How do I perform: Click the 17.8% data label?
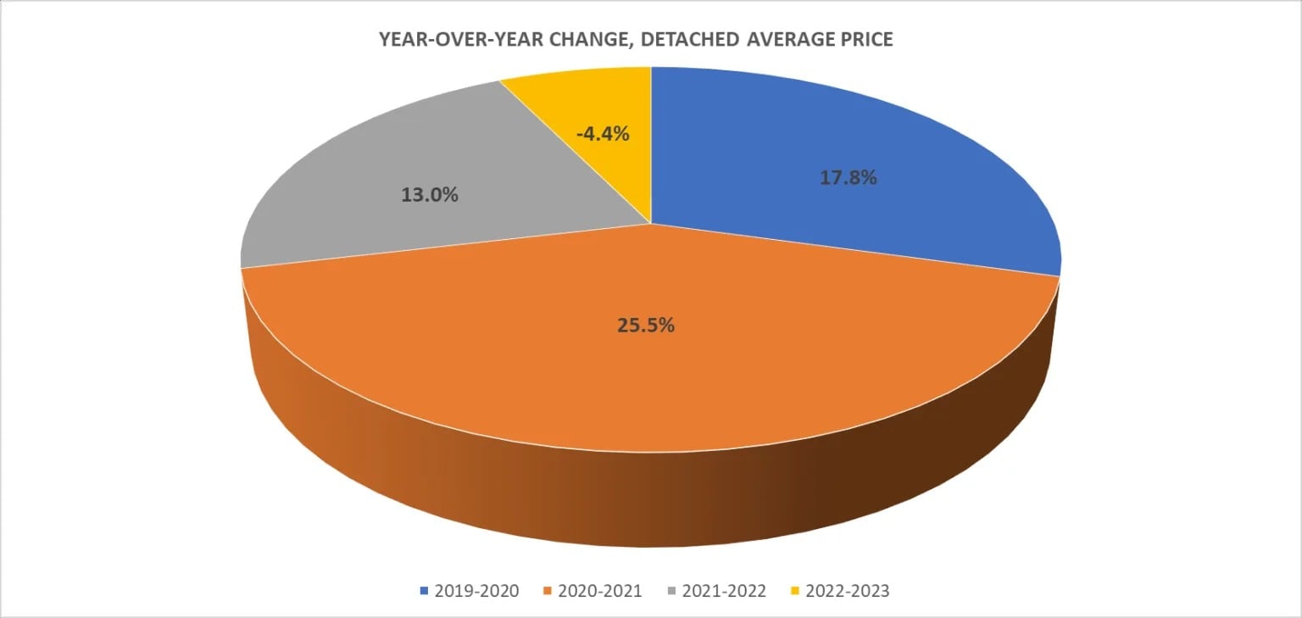point(848,178)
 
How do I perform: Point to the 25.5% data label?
point(646,325)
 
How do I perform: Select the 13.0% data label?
point(429,194)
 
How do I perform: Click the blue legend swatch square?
point(425,591)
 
